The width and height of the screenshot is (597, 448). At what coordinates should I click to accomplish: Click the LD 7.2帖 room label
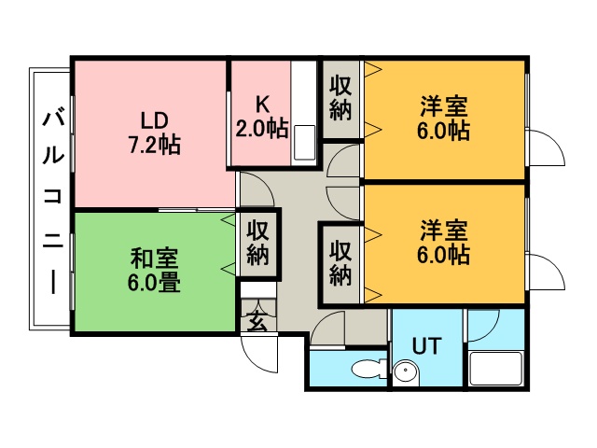pyautogui.click(x=154, y=133)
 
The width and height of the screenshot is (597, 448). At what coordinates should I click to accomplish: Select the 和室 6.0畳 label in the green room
pyautogui.click(x=154, y=270)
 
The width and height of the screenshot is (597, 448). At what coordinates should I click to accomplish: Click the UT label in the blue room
pyautogui.click(x=427, y=346)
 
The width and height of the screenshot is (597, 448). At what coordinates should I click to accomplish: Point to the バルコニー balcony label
pyautogui.click(x=52, y=203)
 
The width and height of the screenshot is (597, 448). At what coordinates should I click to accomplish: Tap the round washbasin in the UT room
pyautogui.click(x=406, y=373)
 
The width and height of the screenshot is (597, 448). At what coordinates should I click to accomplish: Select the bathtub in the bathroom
pyautogui.click(x=495, y=369)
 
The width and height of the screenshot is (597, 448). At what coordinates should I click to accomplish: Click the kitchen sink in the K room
pyautogui.click(x=304, y=143)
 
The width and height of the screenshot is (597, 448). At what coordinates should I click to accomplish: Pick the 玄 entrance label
pyautogui.click(x=257, y=320)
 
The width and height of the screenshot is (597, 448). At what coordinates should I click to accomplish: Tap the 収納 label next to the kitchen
pyautogui.click(x=340, y=98)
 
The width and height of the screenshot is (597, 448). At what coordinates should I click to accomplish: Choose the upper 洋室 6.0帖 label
pyautogui.click(x=444, y=119)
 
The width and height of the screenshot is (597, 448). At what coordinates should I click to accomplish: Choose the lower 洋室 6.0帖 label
pyautogui.click(x=444, y=242)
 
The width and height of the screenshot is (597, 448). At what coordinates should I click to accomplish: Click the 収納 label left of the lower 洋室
pyautogui.click(x=340, y=263)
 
